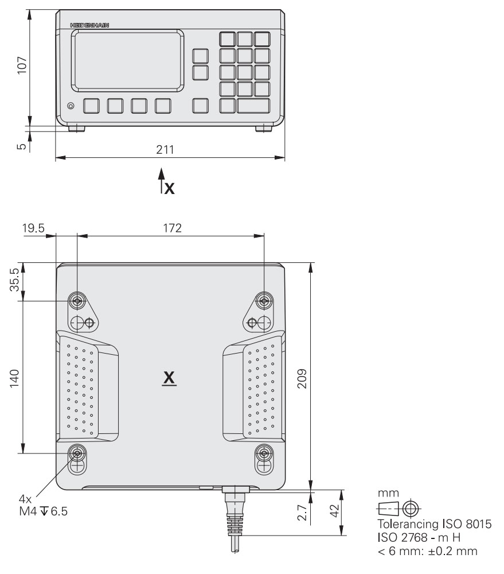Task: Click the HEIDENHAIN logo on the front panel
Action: (89, 25)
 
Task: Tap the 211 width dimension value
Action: (165, 150)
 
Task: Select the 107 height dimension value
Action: (22, 65)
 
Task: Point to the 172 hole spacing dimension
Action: (172, 228)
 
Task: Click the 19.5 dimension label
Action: (33, 228)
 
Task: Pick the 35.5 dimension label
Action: (14, 280)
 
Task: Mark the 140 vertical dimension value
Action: (14, 378)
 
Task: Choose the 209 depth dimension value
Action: (302, 378)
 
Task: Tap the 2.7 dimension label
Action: (302, 513)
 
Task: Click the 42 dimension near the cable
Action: (335, 511)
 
